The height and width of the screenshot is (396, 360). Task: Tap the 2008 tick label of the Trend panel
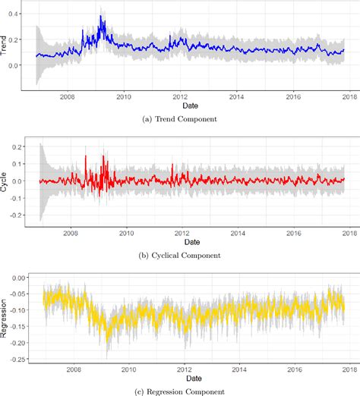tap(67, 97)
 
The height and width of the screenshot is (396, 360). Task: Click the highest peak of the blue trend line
tap(101, 16)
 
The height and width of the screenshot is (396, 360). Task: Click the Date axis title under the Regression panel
tap(190, 377)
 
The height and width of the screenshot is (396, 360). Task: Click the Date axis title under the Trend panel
tap(190, 106)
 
